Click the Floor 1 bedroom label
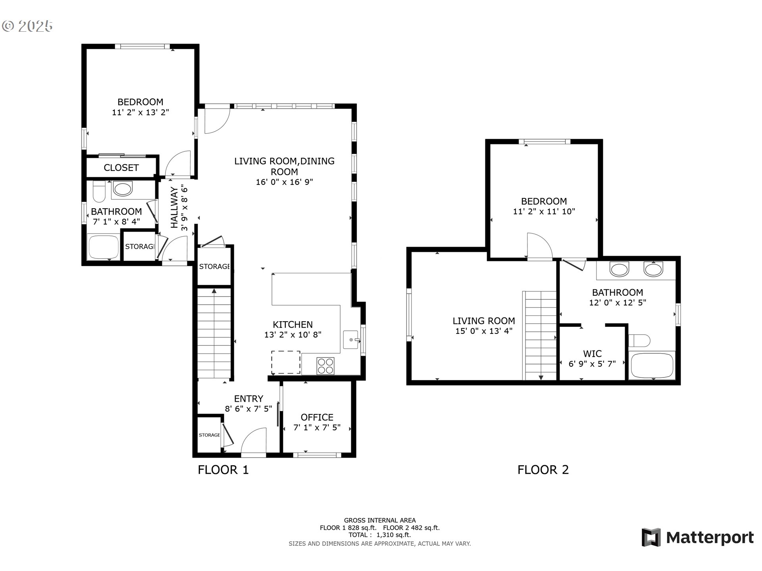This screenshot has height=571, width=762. pyautogui.click(x=140, y=102)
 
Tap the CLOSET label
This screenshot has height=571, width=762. pyautogui.click(x=121, y=168)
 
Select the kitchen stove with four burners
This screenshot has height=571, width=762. pyautogui.click(x=325, y=366)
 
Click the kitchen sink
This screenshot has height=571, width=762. pyautogui.click(x=350, y=340)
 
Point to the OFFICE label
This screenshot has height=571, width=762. pyautogui.click(x=317, y=417)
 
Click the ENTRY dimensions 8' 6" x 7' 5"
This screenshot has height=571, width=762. pyautogui.click(x=248, y=409)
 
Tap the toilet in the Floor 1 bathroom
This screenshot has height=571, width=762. pyautogui.click(x=98, y=192)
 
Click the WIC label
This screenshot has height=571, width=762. pyautogui.click(x=592, y=354)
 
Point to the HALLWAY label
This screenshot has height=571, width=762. pyautogui.click(x=174, y=208)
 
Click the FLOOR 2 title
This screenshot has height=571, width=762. pyautogui.click(x=543, y=470)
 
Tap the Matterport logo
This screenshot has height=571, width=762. pyautogui.click(x=698, y=538)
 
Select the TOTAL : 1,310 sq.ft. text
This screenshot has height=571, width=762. pyautogui.click(x=380, y=535)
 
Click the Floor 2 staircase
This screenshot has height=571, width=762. pyautogui.click(x=541, y=335)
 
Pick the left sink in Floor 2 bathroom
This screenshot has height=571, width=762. pyautogui.click(x=619, y=270)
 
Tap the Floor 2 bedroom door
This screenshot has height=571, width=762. pyautogui.click(x=539, y=246)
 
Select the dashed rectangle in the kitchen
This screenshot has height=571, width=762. pyautogui.click(x=285, y=362)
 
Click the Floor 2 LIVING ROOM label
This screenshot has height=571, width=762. pyautogui.click(x=483, y=321)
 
